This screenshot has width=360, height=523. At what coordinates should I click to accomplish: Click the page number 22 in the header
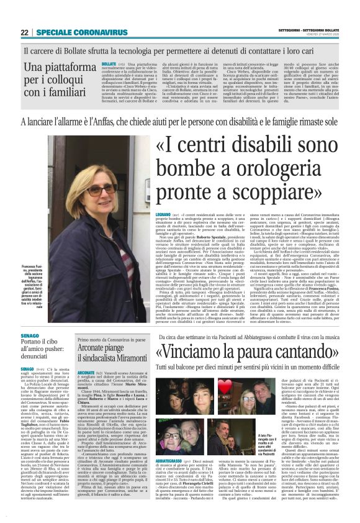[25, 32]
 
